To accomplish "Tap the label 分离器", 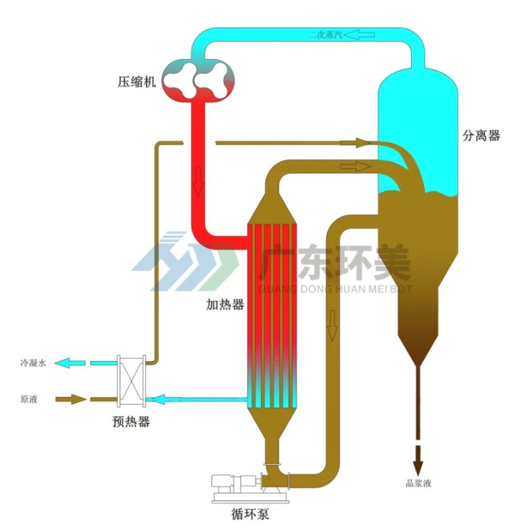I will (481, 135).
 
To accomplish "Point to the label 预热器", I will (130, 422).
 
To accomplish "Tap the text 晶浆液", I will (418, 482).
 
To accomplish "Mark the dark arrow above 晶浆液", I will (418, 460).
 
